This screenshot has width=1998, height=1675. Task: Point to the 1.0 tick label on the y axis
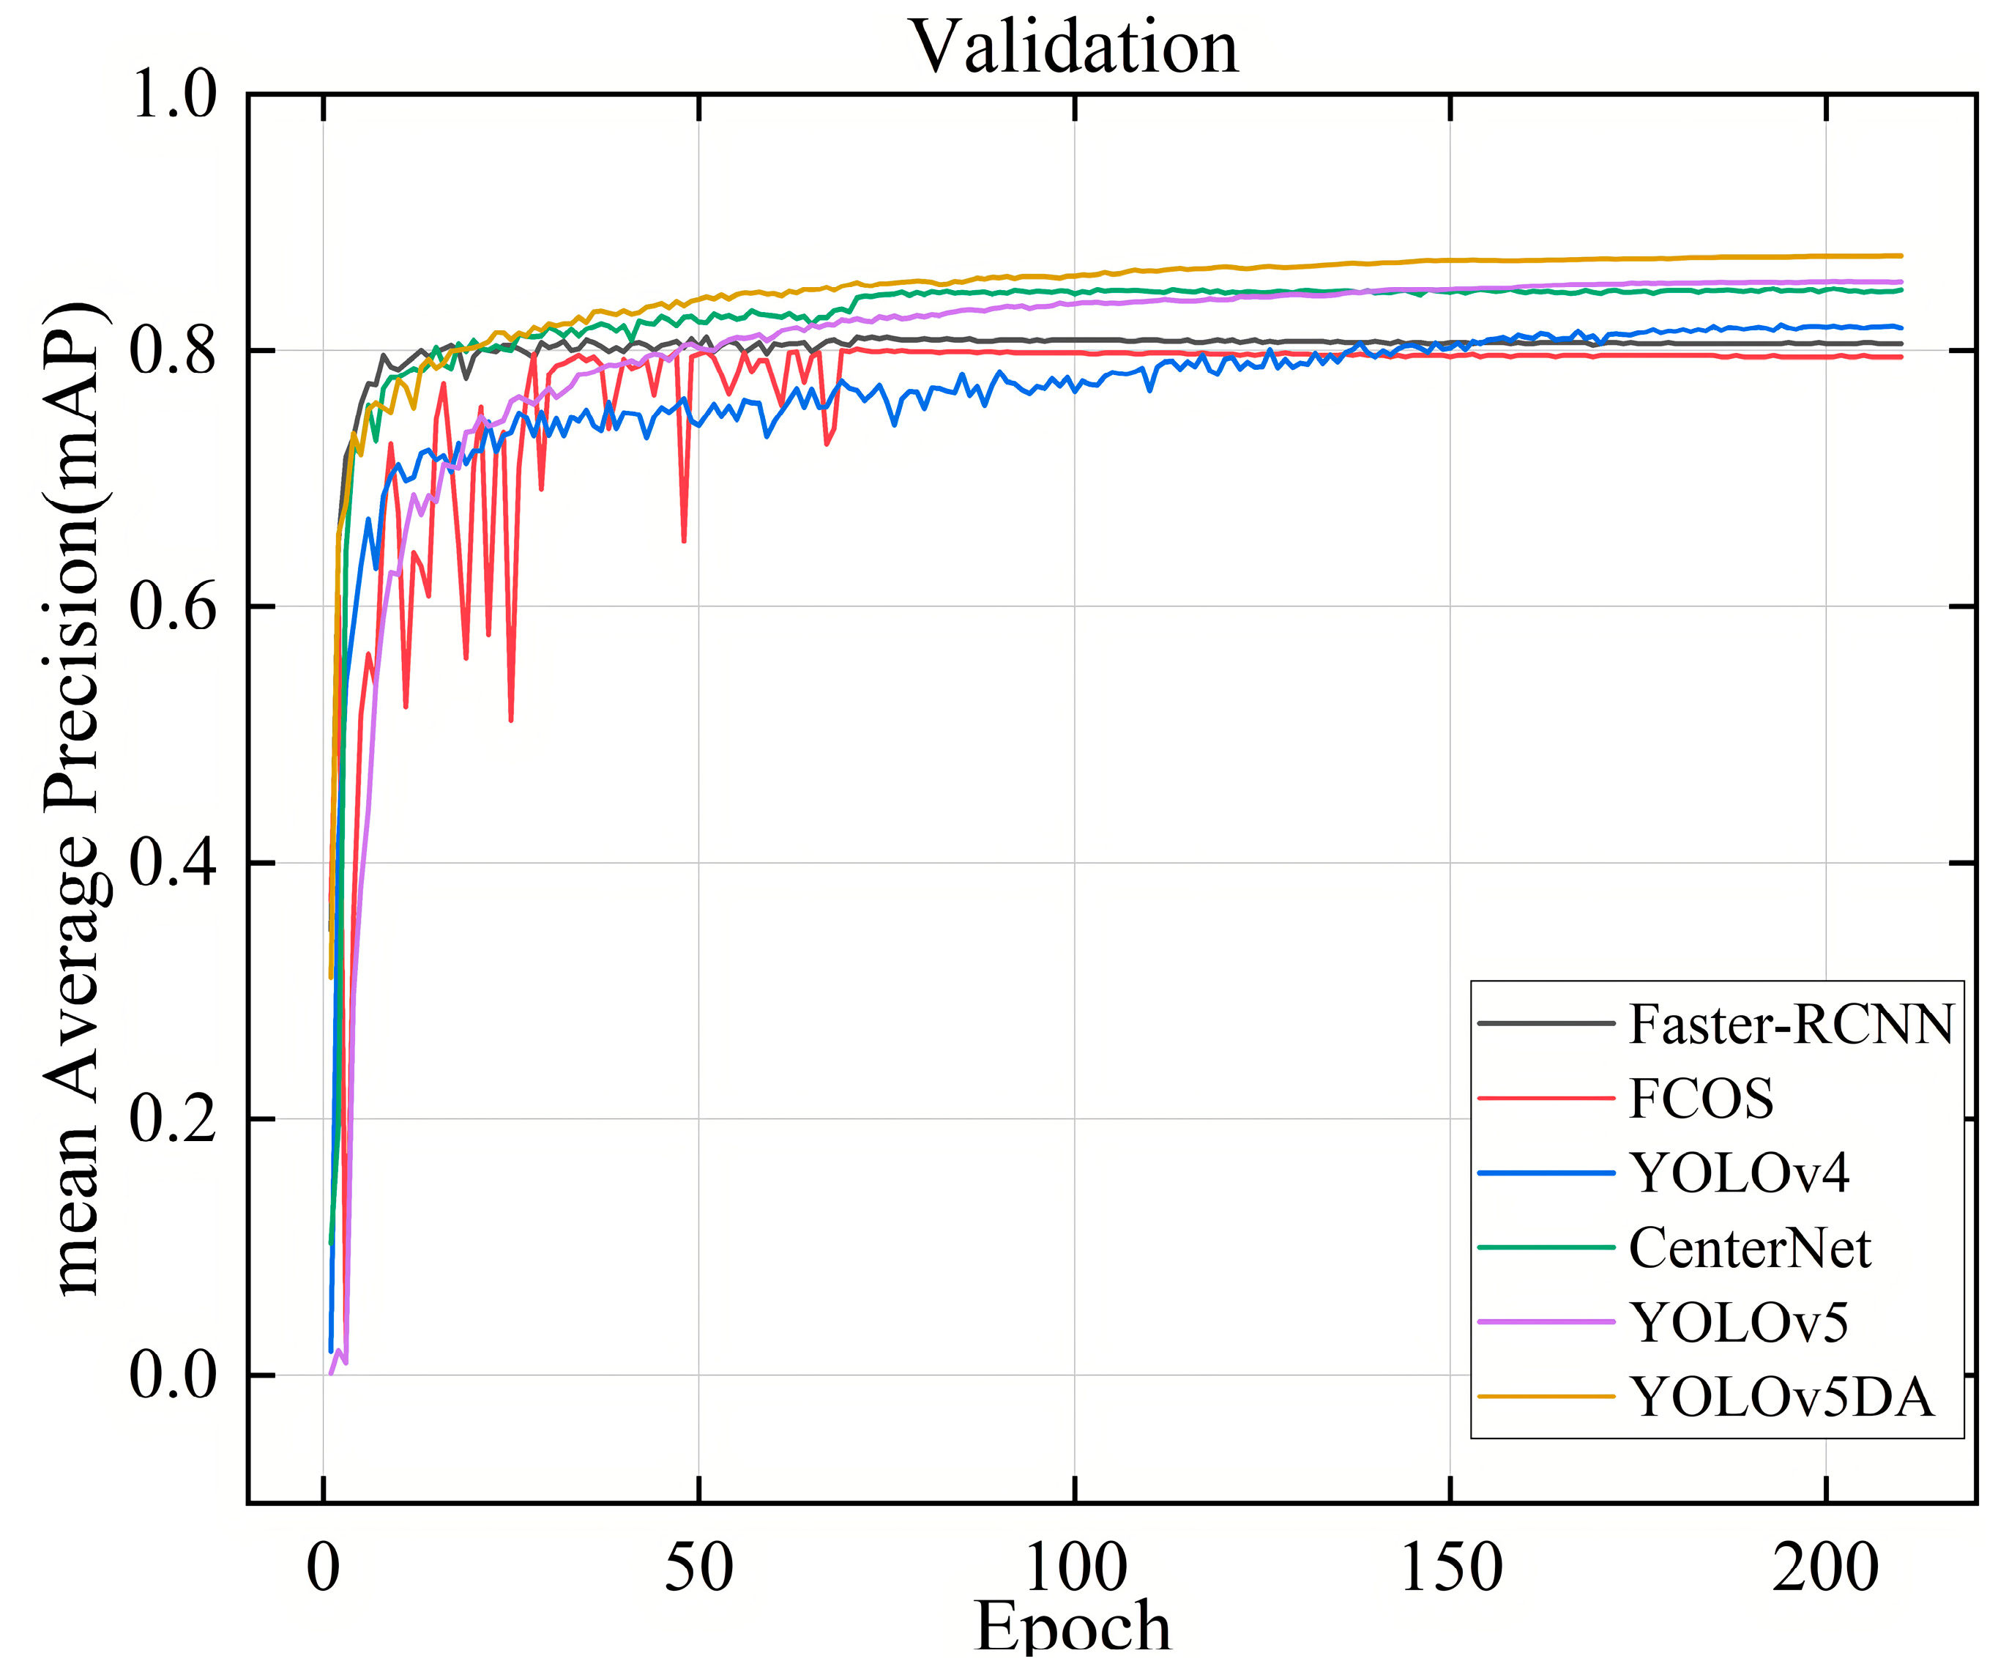(174, 95)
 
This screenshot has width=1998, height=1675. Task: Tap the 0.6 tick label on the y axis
(174, 607)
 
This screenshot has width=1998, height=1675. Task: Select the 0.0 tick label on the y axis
(174, 1375)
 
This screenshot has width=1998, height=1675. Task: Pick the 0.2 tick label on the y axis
(174, 1119)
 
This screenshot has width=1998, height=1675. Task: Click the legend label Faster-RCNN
(1791, 1025)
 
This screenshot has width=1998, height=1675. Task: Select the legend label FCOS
(1701, 1099)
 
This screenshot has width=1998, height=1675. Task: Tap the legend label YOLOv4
(1740, 1173)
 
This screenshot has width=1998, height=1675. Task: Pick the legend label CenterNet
(1749, 1249)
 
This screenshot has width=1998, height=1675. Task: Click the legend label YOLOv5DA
(1781, 1398)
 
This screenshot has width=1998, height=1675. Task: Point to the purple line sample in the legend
(1546, 1323)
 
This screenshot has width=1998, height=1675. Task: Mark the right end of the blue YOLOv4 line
(1900, 327)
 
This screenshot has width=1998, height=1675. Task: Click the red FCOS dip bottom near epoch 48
(684, 541)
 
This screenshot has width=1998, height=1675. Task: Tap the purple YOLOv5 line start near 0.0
(331, 1373)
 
